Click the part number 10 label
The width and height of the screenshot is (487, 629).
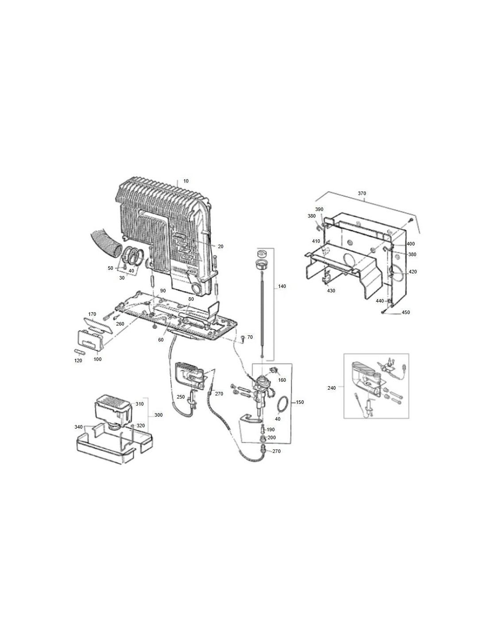186,181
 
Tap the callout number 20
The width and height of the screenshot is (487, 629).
220,246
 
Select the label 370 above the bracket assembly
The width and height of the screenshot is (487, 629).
362,193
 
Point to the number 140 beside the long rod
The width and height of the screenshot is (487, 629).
282,286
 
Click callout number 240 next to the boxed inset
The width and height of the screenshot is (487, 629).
332,388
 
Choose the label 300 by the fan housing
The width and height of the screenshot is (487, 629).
158,415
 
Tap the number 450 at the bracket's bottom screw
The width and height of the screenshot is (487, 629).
406,312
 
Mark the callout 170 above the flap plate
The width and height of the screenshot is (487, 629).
92,314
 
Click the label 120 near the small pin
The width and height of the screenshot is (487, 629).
78,361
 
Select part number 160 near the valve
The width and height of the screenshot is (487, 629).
282,380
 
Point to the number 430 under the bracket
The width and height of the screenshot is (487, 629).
331,291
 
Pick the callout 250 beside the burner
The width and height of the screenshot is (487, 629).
181,397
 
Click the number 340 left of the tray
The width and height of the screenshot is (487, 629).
78,427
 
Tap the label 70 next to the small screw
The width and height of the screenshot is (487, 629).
250,337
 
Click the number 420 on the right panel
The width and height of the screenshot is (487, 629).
413,272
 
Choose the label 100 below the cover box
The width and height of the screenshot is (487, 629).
97,359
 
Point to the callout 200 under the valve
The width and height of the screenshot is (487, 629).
271,437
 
